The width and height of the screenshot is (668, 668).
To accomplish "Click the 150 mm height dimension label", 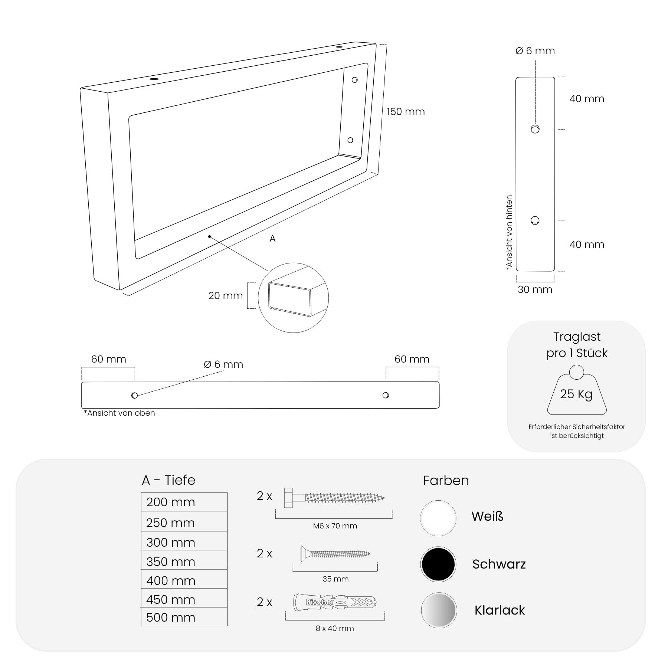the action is (406, 112).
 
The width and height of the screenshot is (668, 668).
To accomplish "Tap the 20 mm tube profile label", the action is (226, 296).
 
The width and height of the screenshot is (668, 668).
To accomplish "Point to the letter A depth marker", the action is (272, 239).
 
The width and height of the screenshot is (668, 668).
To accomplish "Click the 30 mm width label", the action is (535, 289).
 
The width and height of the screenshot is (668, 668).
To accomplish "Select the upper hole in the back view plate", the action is (535, 129).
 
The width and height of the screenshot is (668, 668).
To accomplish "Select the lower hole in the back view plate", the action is (535, 220).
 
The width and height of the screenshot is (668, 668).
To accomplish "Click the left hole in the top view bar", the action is (135, 396).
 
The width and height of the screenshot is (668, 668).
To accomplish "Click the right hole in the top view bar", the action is (386, 395).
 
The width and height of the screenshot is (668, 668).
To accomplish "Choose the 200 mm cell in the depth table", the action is (184, 502).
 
